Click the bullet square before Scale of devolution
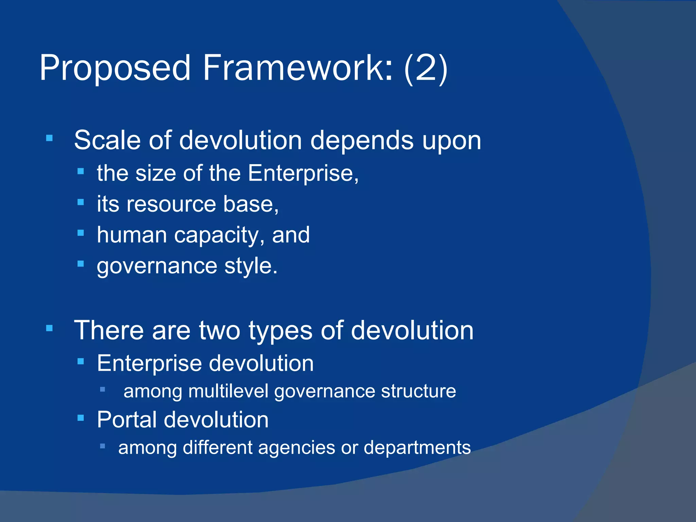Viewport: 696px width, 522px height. click(50, 138)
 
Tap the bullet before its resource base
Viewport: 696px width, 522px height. click(81, 203)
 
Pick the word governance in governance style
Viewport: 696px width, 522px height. click(157, 266)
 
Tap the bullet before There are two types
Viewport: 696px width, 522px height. click(50, 328)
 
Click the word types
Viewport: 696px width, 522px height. click(280, 331)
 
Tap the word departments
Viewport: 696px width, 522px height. click(417, 448)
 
